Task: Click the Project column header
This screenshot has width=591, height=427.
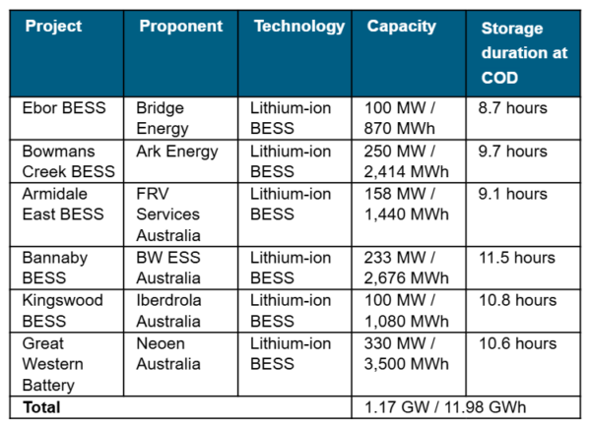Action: click(53, 27)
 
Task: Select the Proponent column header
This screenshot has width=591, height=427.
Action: click(181, 27)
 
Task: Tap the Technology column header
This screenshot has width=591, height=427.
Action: click(299, 27)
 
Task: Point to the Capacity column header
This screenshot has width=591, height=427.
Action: click(401, 27)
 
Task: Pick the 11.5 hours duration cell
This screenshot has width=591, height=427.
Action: click(516, 259)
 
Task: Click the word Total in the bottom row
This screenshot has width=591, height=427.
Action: click(41, 407)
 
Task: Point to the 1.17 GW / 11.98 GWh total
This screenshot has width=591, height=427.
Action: click(456, 407)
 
